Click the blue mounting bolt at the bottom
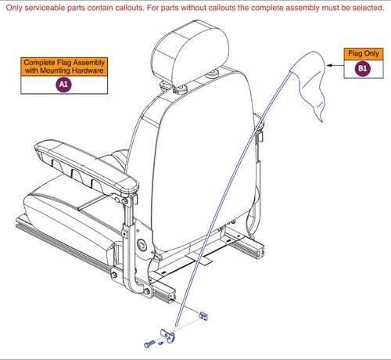149,342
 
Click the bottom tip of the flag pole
177,326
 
